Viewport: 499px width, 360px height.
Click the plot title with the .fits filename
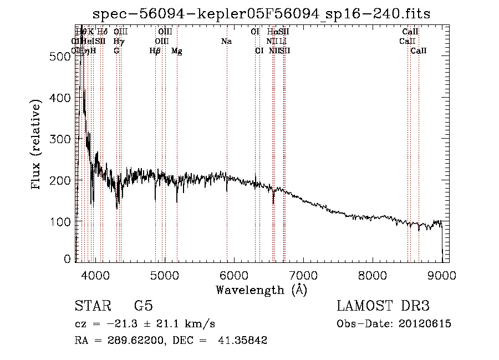(261, 14)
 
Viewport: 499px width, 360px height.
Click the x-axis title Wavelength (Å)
(261, 290)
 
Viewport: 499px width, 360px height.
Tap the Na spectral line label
(226, 42)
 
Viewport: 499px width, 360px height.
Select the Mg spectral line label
(176, 51)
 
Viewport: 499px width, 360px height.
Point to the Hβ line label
(155, 51)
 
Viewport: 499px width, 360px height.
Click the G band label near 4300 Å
(116, 51)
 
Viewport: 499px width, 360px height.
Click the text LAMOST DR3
(383, 307)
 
